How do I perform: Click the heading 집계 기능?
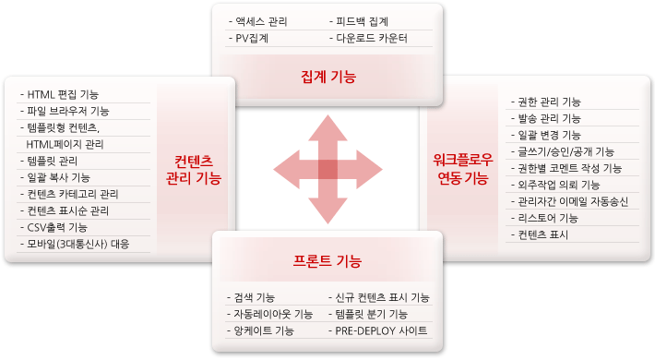(x=328, y=77)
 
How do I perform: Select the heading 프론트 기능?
(x=327, y=261)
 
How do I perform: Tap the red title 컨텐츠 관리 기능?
(x=194, y=170)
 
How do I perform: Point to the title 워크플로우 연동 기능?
(x=463, y=169)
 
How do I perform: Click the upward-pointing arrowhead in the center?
(x=327, y=129)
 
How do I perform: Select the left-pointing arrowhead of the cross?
(x=287, y=170)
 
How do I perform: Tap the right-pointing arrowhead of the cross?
(x=369, y=170)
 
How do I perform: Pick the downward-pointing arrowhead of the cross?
(x=327, y=210)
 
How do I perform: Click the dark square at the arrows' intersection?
(x=327, y=170)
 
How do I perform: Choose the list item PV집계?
(x=248, y=39)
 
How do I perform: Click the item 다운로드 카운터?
(x=368, y=39)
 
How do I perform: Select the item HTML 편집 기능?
(x=60, y=94)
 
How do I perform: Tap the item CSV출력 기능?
(x=54, y=227)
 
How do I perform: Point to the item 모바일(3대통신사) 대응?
(x=76, y=245)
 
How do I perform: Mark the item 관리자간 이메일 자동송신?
(x=570, y=201)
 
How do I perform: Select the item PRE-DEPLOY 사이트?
(x=378, y=331)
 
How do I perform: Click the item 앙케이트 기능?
(x=261, y=331)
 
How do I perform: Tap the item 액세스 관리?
(x=258, y=22)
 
